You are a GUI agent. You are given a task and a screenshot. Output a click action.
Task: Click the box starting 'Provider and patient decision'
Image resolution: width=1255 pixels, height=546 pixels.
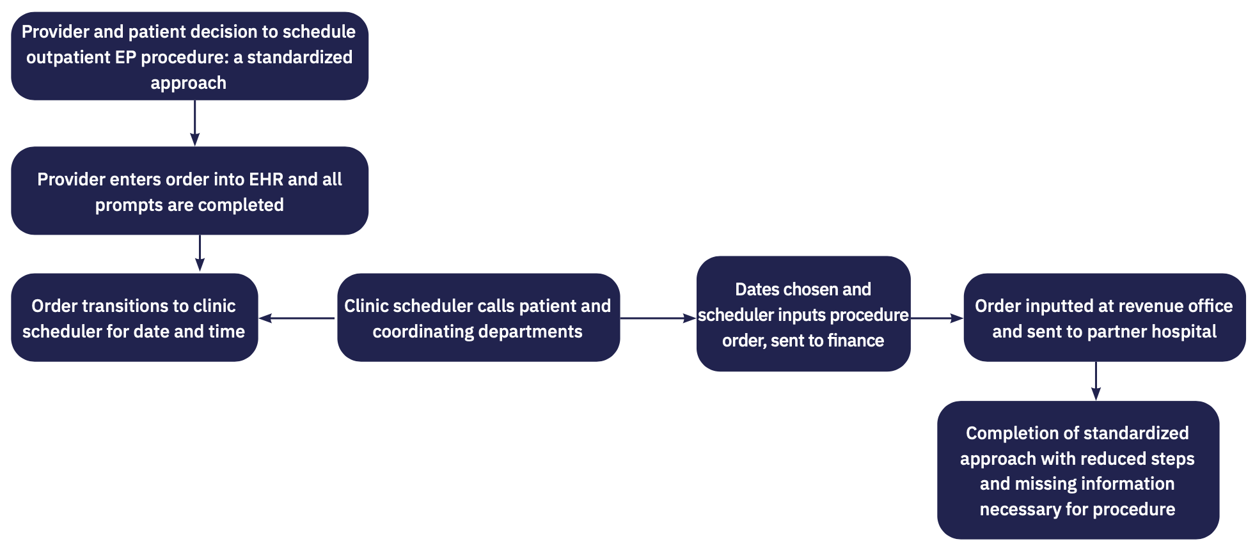[189, 56]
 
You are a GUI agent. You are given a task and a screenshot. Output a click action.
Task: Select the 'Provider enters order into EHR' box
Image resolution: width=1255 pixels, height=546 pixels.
[189, 191]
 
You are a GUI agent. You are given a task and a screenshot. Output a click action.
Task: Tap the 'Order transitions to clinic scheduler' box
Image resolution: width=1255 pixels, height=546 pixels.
[134, 318]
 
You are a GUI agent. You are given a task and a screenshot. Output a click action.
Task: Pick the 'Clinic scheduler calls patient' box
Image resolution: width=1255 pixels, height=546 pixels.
[478, 318]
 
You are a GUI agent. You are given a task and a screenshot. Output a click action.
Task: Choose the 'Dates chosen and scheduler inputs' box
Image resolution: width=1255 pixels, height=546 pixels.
[803, 314]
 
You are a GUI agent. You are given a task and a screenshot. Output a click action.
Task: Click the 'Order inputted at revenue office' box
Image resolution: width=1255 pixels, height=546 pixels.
[1104, 318]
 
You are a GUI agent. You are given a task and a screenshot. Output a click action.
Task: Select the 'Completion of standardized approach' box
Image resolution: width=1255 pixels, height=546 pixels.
[1078, 471]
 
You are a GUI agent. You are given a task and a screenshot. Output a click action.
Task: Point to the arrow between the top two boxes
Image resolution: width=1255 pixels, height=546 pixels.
[194, 123]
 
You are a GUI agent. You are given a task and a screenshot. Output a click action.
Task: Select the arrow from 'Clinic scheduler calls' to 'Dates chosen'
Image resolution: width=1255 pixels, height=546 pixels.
[658, 318]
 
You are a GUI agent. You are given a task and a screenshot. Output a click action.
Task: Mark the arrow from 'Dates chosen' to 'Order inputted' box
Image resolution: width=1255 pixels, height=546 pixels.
[936, 318]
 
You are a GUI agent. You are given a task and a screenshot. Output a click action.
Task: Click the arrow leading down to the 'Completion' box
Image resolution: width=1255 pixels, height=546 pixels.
[1096, 381]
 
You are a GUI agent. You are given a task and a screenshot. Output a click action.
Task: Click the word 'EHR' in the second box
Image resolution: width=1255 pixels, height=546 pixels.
[266, 180]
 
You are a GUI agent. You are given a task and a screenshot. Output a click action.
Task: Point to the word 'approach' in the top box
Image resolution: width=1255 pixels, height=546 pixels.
[189, 83]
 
